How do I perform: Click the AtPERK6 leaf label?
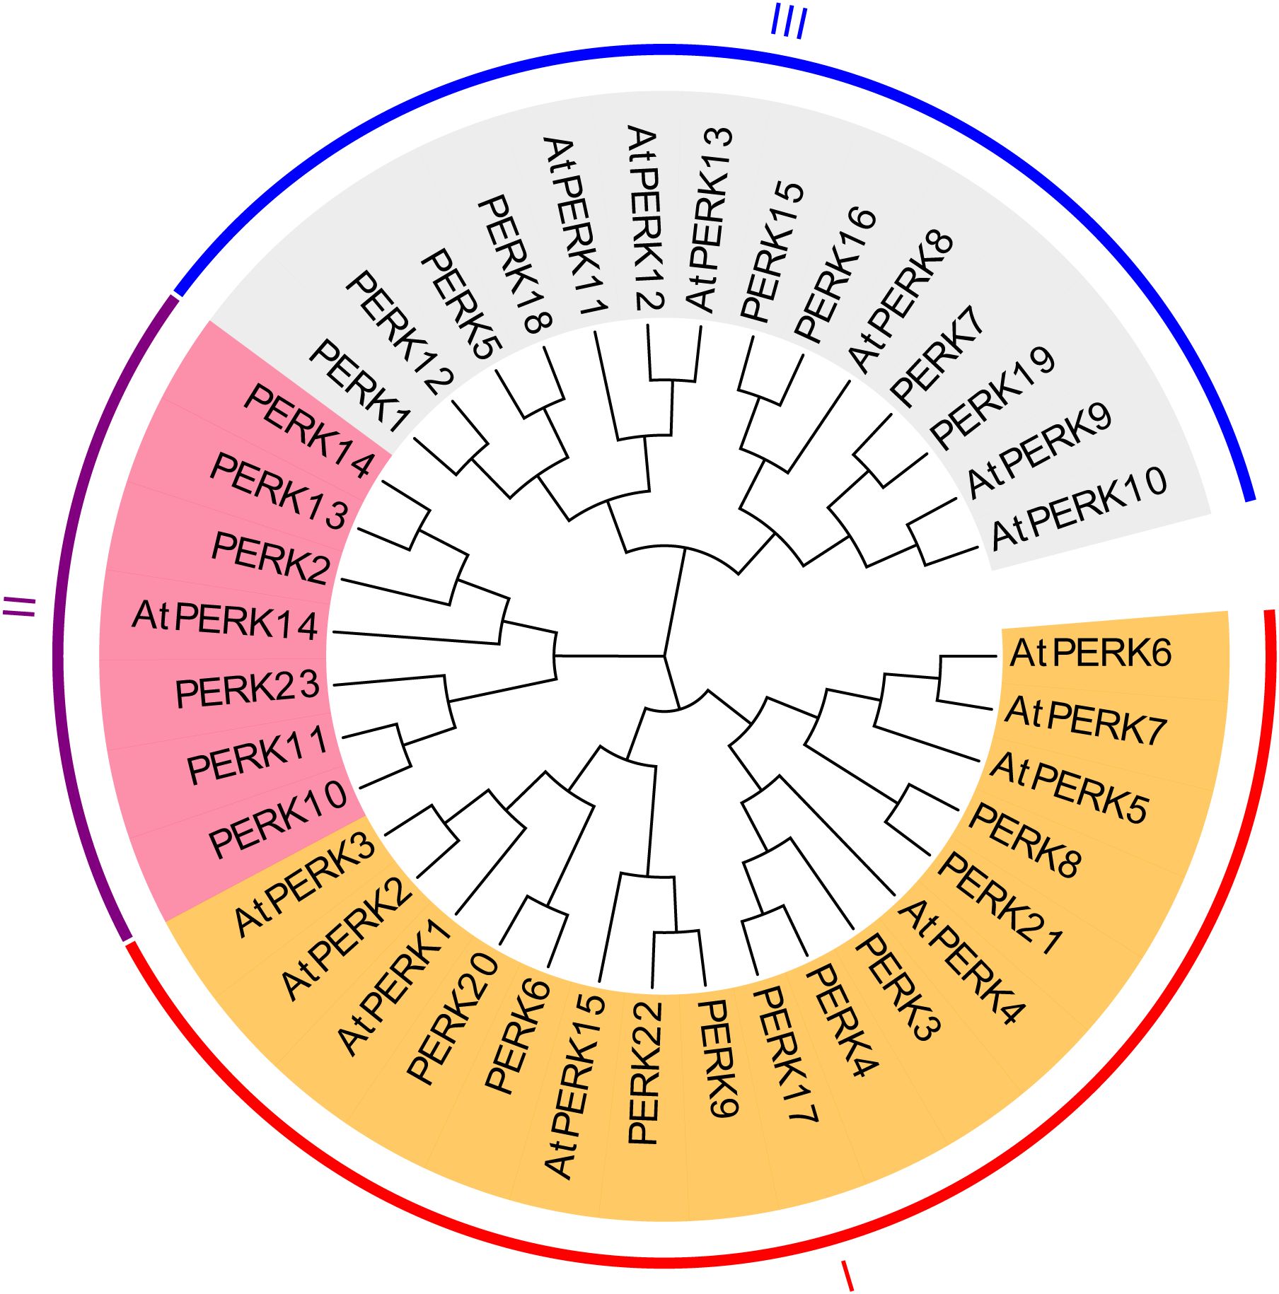[1090, 653]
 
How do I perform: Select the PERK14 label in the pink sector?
[308, 431]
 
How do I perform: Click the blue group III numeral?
[788, 24]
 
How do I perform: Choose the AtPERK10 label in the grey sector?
[1079, 508]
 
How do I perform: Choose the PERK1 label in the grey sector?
[359, 385]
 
